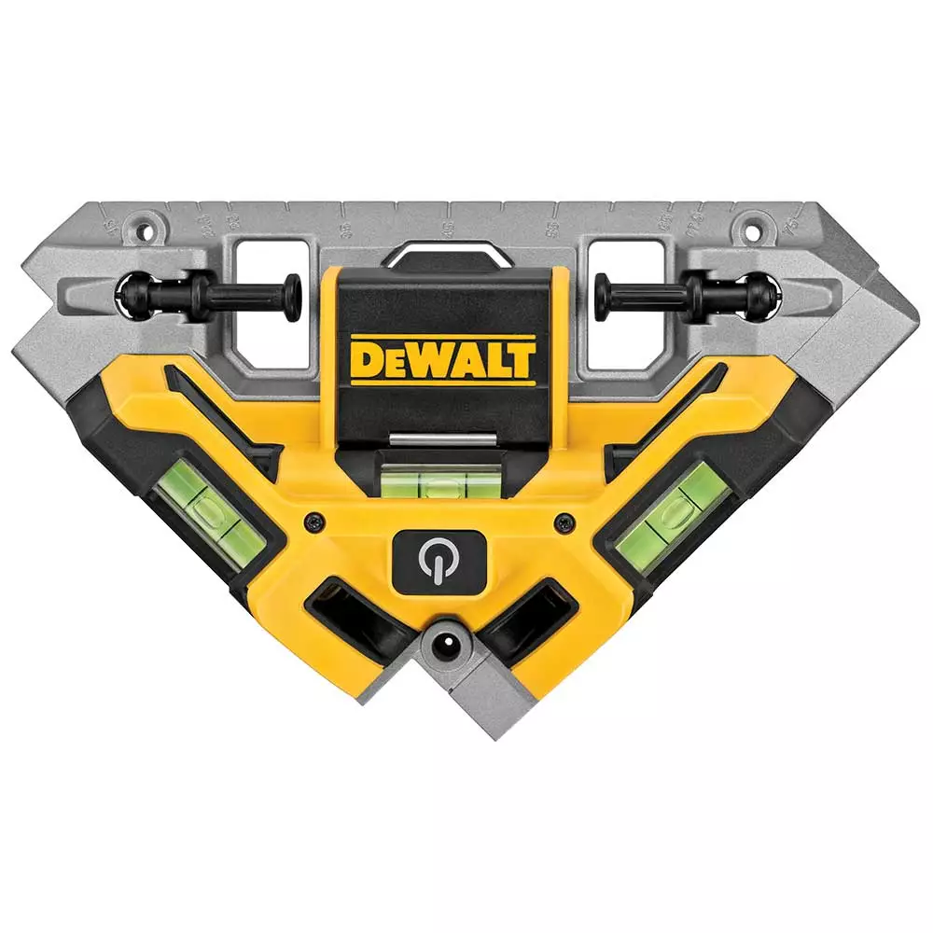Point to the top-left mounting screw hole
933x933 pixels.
[142, 228]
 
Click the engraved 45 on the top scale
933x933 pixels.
[449, 226]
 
